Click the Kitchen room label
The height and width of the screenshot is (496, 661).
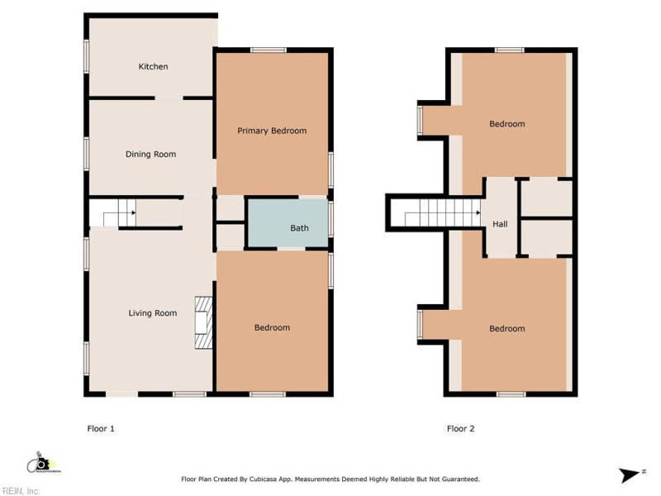click(x=153, y=67)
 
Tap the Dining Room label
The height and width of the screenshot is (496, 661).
click(x=150, y=155)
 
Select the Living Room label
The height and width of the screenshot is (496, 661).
click(x=153, y=313)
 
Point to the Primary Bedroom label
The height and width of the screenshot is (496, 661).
click(x=272, y=131)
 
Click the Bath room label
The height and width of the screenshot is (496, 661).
click(x=299, y=228)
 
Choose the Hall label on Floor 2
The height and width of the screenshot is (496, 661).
click(x=500, y=224)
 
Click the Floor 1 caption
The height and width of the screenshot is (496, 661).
click(x=101, y=428)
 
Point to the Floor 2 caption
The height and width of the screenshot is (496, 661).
click(x=460, y=428)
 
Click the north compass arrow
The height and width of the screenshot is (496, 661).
click(x=630, y=475)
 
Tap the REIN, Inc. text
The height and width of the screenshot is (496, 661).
click(x=21, y=491)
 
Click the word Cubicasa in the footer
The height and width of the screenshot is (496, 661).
click(x=269, y=479)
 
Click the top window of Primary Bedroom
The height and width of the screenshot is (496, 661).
click(x=264, y=51)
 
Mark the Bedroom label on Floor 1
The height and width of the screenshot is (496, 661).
click(x=272, y=328)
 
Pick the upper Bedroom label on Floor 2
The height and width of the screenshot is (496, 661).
click(x=506, y=124)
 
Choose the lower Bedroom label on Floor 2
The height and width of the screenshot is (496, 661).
click(x=506, y=329)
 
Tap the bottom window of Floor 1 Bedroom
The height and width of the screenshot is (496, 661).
click(x=262, y=394)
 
